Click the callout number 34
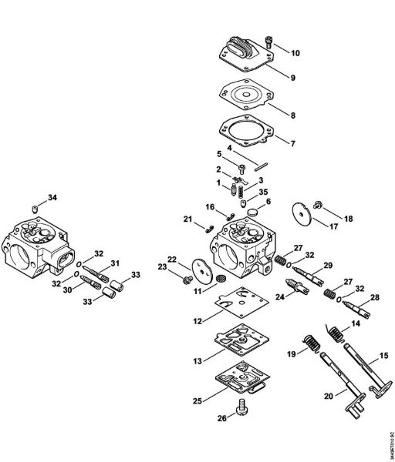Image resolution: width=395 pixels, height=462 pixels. pyautogui.click(x=52, y=197)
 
